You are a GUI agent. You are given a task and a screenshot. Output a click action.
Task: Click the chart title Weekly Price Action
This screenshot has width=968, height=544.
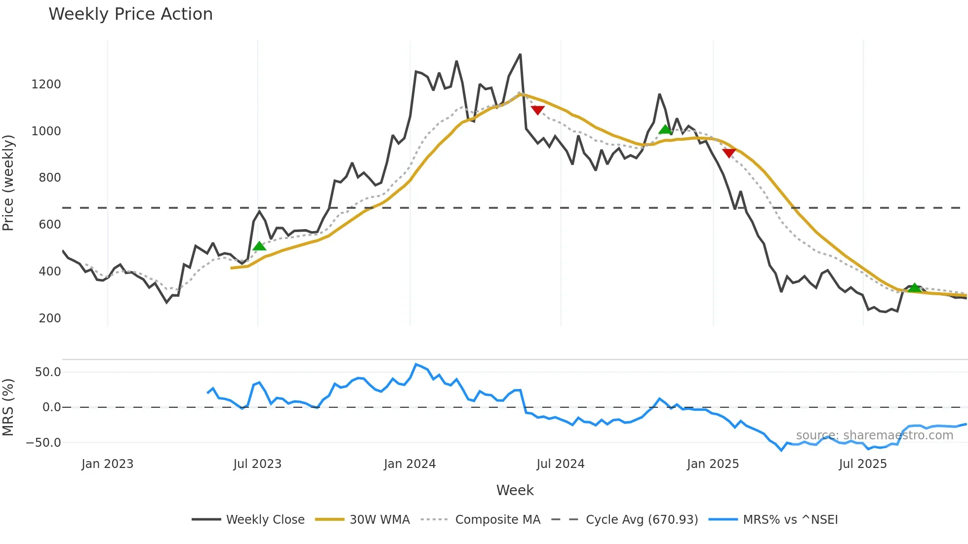pos(130,14)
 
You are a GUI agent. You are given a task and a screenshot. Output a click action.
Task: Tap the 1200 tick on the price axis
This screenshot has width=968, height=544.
pos(46,84)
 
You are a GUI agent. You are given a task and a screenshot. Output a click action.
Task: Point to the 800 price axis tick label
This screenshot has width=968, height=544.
pos(50,178)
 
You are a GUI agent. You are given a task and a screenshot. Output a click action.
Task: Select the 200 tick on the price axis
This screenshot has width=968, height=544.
pos(50,318)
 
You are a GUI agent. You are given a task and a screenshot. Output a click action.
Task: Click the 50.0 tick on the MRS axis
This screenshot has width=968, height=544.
pos(48,372)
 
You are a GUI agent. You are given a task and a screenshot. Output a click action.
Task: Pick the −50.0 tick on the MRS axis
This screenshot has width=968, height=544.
pos(43,443)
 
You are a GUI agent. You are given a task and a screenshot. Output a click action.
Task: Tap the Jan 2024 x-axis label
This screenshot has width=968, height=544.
pos(409,464)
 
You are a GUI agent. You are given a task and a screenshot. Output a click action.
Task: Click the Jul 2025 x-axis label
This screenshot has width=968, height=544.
pos(863,464)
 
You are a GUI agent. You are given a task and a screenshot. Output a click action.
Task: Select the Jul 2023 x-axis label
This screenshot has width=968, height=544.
pos(257,464)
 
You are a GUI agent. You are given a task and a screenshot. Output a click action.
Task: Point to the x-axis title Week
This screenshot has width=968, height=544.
pos(515,490)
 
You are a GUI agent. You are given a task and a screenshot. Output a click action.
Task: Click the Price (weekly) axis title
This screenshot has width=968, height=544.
pos(8,183)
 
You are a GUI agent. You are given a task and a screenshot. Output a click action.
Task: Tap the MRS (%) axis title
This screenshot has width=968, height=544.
pos(8,407)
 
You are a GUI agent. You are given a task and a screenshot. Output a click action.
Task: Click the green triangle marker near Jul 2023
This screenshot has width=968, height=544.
pos(259,246)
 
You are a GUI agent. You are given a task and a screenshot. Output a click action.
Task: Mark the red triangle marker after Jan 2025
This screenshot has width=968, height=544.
pos(729,153)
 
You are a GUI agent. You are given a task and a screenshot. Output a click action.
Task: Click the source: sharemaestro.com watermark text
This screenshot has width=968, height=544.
pos(874,435)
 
